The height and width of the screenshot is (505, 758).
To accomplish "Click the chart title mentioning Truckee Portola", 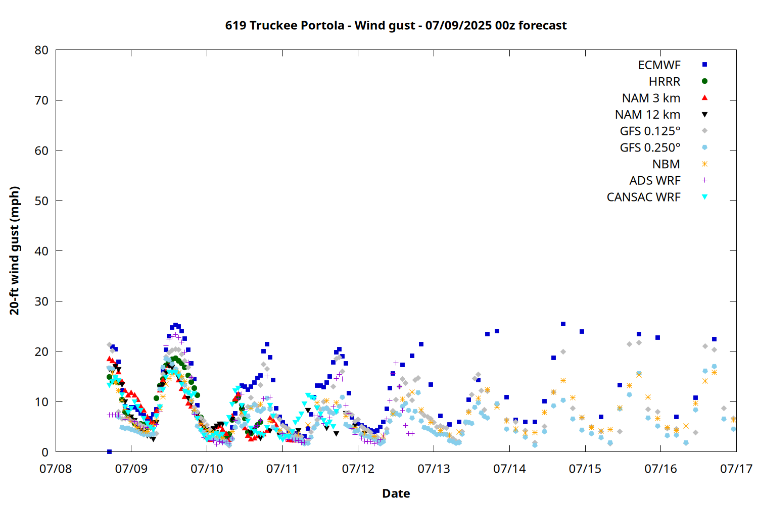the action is (396, 25).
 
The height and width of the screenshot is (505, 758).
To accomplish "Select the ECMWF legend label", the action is (659, 65).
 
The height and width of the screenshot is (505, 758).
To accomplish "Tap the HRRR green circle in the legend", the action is (704, 81).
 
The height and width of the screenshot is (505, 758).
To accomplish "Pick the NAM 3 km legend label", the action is (651, 98).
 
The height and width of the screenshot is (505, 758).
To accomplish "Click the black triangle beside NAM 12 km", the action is (704, 115).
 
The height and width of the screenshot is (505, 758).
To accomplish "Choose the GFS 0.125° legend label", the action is (650, 131).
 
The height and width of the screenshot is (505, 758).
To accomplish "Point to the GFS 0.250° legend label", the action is (650, 147).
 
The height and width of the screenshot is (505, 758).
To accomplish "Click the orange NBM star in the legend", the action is (704, 164).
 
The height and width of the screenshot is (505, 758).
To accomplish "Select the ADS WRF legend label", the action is (655, 181).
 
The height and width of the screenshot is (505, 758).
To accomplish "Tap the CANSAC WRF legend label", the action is (644, 197).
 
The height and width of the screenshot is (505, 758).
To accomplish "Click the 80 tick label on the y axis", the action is (41, 50).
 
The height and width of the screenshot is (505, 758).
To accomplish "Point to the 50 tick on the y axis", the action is (41, 201).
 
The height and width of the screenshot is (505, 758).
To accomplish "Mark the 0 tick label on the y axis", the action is (45, 452).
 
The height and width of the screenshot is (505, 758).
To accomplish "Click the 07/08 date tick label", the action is (56, 469).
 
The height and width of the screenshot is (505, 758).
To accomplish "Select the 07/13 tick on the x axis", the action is (434, 469).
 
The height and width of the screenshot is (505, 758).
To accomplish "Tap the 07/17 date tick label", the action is (736, 469).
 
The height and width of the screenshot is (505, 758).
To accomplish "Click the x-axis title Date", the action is (396, 493).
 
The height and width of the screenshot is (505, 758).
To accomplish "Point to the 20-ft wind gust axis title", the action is (15, 250).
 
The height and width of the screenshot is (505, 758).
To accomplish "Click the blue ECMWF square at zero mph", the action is (109, 451).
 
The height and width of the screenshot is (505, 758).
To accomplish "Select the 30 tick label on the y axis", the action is (41, 301).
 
